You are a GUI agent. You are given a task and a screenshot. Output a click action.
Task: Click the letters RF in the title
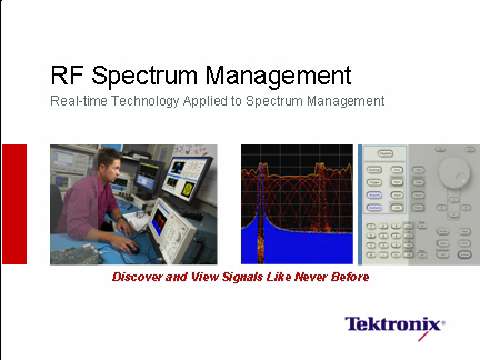click(x=66, y=75)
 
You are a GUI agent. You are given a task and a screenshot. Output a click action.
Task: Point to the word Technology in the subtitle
click(x=147, y=102)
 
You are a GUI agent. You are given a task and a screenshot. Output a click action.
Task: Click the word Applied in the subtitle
click(x=214, y=102)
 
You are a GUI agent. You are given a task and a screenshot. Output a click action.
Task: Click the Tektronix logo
click(x=394, y=324)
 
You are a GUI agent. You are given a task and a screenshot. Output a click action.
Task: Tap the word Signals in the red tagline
click(x=260, y=277)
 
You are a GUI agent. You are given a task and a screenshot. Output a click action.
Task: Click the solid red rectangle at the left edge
click(x=14, y=204)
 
